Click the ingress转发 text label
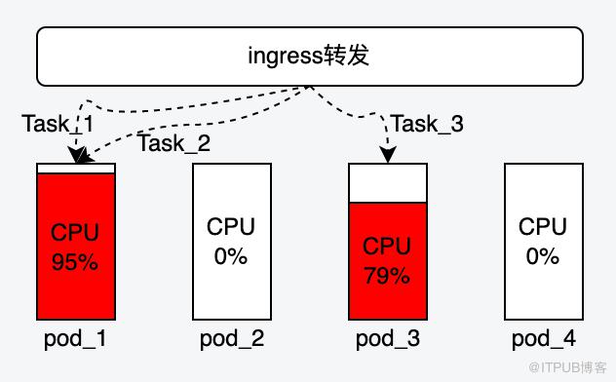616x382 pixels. (x=308, y=55)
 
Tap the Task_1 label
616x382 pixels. (x=58, y=124)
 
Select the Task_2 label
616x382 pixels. (x=174, y=143)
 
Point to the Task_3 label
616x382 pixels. (x=428, y=124)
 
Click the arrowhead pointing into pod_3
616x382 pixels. (x=388, y=155)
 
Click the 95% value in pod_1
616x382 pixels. (x=75, y=262)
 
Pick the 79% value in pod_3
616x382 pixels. (x=387, y=276)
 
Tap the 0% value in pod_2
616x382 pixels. (x=231, y=256)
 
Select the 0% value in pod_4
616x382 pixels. (x=543, y=256)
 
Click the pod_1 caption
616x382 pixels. (x=75, y=339)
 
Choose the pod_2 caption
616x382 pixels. (x=232, y=339)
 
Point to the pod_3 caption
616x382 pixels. (x=388, y=339)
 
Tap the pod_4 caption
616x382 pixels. (x=544, y=339)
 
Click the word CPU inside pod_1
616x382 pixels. (x=75, y=232)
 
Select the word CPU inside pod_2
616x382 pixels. (x=231, y=226)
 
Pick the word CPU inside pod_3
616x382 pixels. (x=387, y=246)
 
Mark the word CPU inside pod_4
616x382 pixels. (x=543, y=226)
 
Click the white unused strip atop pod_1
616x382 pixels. (x=76, y=169)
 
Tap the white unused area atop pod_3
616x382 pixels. (x=388, y=183)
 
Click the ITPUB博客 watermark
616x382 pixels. (x=568, y=367)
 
